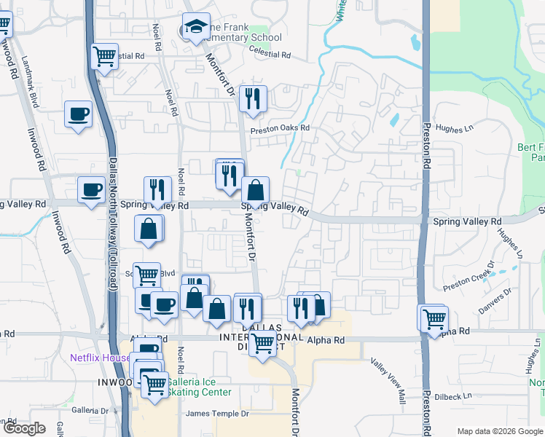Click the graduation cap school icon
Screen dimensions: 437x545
coord(195,28)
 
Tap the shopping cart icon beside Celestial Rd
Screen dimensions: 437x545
coord(105,55)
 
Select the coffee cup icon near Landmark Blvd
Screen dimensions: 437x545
coord(79,114)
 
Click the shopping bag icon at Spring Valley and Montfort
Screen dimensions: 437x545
coord(255,191)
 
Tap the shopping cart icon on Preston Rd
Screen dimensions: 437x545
coord(434,318)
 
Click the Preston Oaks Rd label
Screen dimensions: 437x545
coord(281,130)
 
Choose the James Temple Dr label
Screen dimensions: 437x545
coord(217,414)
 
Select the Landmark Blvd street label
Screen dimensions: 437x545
coord(30,82)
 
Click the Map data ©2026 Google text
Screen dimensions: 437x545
coord(499,431)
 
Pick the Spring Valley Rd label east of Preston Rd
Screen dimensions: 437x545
coord(467,221)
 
